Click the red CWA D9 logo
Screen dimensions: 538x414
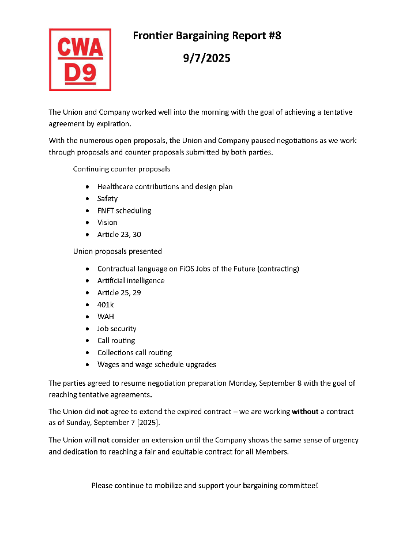(x=80, y=60)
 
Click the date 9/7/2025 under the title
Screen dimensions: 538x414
(x=206, y=58)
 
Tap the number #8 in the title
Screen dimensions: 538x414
(x=274, y=36)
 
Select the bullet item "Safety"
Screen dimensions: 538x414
(x=107, y=198)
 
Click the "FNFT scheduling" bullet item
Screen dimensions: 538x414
(x=124, y=210)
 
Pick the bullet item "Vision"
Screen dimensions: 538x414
(x=107, y=223)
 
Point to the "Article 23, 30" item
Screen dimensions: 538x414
(x=119, y=235)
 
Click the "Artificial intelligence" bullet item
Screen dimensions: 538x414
(x=131, y=281)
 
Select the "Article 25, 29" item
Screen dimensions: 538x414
(x=119, y=293)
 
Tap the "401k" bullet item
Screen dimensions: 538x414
(x=106, y=304)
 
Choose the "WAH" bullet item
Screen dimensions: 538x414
(x=106, y=317)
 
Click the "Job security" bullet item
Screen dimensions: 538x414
(x=116, y=329)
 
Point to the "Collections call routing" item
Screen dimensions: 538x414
(x=134, y=352)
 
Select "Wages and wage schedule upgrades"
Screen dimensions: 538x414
(x=156, y=364)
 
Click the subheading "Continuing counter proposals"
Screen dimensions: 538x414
(x=121, y=170)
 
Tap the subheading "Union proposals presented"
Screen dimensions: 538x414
(x=117, y=251)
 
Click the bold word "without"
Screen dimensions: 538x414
(x=305, y=412)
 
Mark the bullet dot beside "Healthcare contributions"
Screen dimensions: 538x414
(x=86, y=187)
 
